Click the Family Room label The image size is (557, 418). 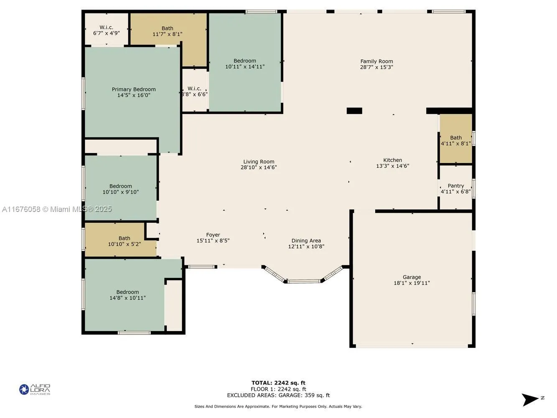pos(376,61)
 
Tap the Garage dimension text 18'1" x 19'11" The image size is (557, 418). pos(412,283)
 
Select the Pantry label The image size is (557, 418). pos(455,186)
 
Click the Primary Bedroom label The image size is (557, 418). pos(134,89)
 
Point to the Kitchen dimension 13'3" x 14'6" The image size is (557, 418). pos(392,166)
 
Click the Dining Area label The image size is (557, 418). pos(306,241)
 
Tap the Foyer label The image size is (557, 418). pos(213,235)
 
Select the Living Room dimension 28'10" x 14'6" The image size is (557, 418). pos(259,168)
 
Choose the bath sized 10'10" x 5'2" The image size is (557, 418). pos(124,241)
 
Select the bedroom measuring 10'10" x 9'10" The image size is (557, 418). pos(120,189)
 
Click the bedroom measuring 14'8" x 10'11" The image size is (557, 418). pos(127,295)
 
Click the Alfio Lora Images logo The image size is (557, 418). pos(35,390)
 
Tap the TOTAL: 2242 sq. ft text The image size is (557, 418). pos(278,383)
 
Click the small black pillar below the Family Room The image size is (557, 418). pos(354,111)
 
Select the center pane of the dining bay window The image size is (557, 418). pos(303,281)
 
